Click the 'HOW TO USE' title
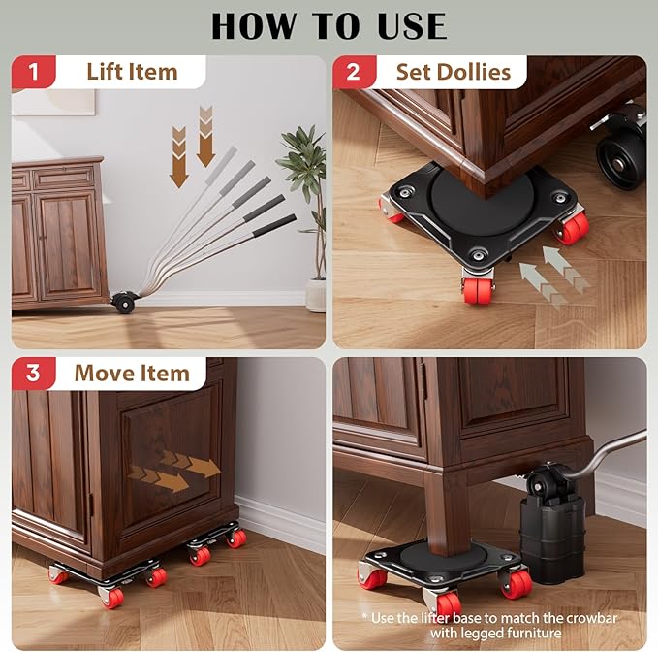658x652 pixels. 329,26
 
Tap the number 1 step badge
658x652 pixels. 34,72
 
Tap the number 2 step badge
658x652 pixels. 354,72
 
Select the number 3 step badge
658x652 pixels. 34,374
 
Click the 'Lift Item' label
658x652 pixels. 132,72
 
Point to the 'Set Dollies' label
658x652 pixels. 453,72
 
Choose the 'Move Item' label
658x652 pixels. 132,374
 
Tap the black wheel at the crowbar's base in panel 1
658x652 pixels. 123,302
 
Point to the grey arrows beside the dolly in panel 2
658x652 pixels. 549,275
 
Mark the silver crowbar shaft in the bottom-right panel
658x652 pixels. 611,448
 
